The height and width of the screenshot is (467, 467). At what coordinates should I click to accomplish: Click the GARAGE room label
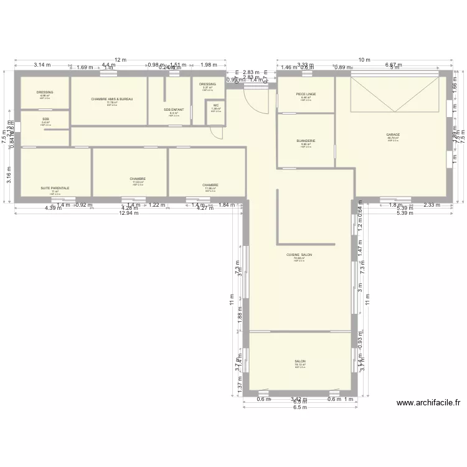click(392, 134)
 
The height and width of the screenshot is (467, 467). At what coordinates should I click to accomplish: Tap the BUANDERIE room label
click(306, 141)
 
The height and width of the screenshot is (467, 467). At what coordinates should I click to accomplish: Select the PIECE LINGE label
click(306, 94)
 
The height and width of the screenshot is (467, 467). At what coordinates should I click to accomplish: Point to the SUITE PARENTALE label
click(55, 187)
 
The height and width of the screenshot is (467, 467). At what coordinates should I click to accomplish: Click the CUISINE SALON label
click(299, 255)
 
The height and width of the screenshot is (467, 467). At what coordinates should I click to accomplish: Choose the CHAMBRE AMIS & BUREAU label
click(112, 99)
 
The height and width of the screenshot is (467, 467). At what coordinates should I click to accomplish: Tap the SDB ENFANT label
click(174, 110)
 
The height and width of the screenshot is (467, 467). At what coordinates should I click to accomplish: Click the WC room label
click(215, 105)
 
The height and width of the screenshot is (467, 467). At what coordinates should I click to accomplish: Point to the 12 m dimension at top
click(120, 60)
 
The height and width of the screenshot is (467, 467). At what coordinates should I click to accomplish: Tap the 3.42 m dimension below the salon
click(300, 399)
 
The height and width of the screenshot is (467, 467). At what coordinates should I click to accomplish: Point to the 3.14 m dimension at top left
click(42, 65)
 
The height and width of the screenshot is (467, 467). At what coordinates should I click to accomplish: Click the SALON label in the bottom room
click(300, 361)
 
